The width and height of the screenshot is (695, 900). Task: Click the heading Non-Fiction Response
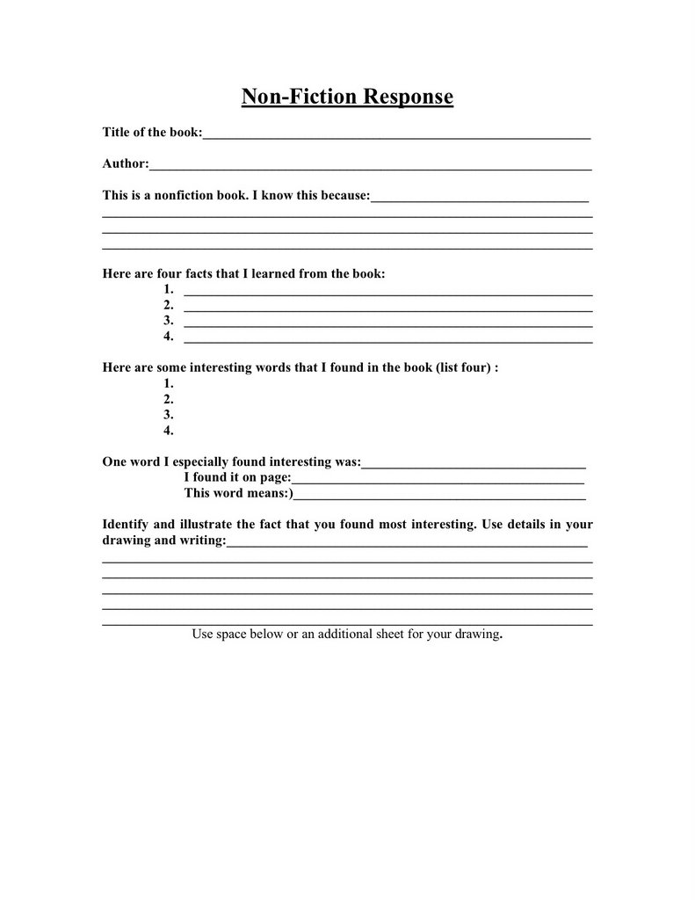(347, 96)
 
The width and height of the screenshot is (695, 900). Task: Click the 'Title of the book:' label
(152, 132)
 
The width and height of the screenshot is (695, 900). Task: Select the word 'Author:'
(126, 163)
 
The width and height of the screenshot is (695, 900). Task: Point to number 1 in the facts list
(168, 289)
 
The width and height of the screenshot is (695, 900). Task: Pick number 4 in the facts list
(168, 337)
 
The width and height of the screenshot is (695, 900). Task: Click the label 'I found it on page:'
(236, 477)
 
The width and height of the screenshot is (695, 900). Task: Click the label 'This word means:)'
(239, 493)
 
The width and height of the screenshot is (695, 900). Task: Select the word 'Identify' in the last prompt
(127, 525)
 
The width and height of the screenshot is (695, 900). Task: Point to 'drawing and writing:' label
(163, 541)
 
